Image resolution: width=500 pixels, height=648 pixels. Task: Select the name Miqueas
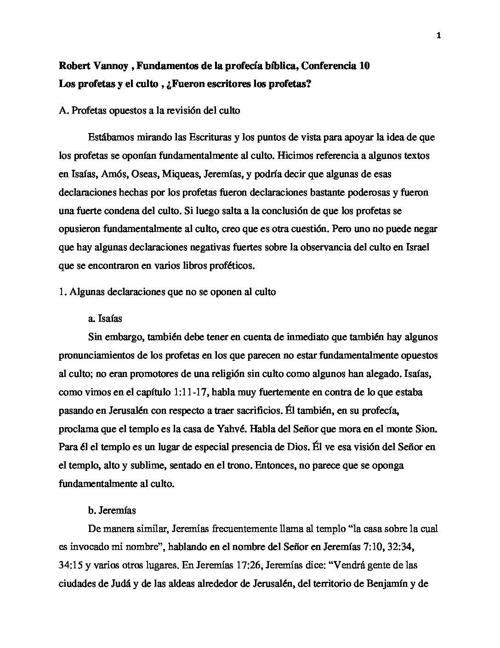(182, 174)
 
